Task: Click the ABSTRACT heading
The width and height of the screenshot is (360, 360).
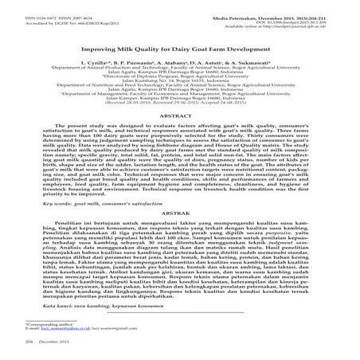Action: click(180, 137)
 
